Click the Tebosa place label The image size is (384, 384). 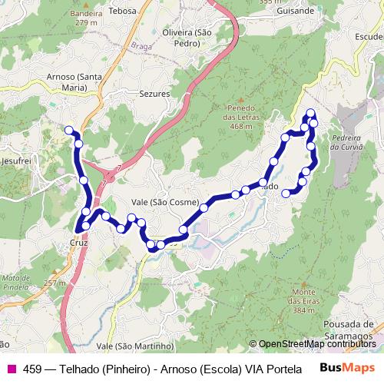point(122,12)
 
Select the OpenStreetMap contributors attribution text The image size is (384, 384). point(315,344)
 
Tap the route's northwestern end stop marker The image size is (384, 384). point(69,130)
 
